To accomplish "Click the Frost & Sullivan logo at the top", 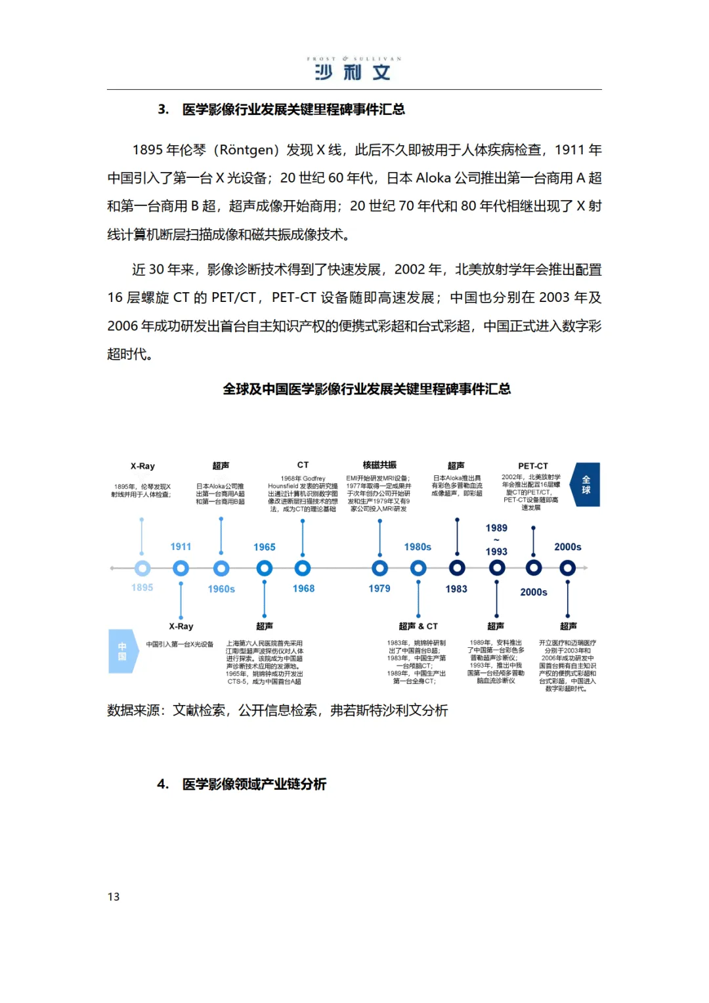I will coord(354,69).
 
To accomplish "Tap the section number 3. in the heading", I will coord(163,110).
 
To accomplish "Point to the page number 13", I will coord(114,897).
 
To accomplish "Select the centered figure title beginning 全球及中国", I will coord(366,389).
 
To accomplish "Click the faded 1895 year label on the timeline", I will coord(142,587).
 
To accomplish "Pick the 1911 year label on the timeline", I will coord(181,547).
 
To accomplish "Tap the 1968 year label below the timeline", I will coord(303,589).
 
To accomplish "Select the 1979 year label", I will coord(379,589).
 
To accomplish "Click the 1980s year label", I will coord(418,547).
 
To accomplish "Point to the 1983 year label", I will coord(456,589).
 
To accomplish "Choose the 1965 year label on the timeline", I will coord(265,547).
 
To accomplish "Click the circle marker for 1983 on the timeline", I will coord(457,568).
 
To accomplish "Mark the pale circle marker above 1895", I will coord(142,568).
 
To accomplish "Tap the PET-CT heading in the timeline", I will coord(532,466).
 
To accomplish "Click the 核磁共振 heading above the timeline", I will coord(379,465).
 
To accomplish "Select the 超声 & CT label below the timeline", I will coord(418,626).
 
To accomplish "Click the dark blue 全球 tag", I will coord(586,484).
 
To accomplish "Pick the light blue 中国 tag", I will coord(122,651).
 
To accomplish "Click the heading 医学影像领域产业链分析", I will coord(254,784).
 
